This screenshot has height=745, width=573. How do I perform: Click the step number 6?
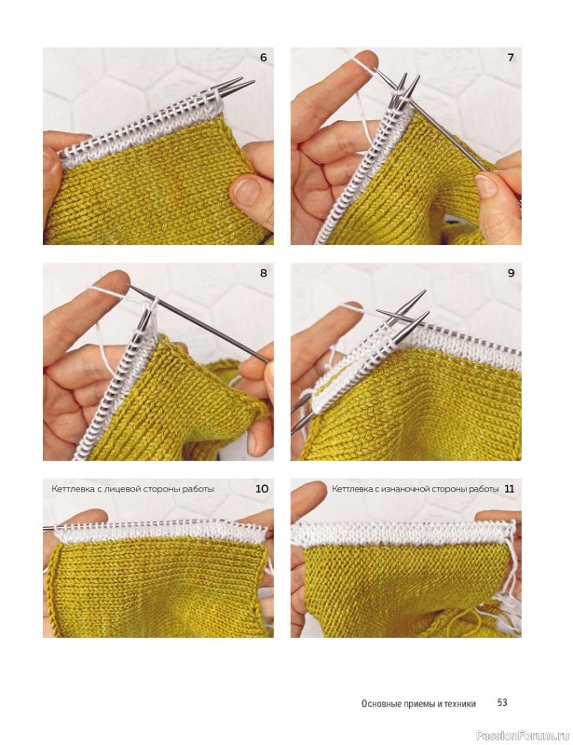click(263, 58)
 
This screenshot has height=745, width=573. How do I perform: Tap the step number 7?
click(511, 58)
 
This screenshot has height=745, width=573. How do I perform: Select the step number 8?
click(264, 273)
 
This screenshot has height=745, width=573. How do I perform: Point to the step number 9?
click(512, 273)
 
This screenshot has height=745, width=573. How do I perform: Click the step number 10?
click(262, 488)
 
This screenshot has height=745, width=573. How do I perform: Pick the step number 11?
click(510, 488)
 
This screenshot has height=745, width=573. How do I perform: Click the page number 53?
click(502, 702)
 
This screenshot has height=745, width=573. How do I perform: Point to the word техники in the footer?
click(460, 704)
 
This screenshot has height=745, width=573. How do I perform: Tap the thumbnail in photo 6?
click(245, 191)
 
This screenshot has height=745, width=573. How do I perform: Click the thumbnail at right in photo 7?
click(486, 186)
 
